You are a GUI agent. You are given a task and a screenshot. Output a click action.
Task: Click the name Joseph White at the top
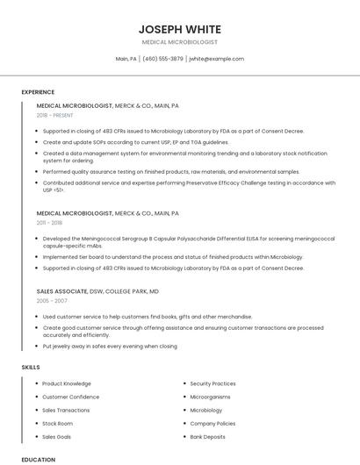(x=180, y=29)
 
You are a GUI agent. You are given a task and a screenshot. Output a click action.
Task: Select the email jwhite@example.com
(x=217, y=59)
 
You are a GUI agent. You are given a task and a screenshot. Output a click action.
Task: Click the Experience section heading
(x=38, y=92)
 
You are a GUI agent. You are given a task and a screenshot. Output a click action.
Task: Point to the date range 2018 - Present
(x=55, y=115)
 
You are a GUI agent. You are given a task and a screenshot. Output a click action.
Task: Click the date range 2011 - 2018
(x=50, y=223)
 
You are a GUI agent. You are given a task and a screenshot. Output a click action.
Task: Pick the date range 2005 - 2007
(x=52, y=300)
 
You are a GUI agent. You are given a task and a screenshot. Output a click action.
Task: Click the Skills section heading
(x=31, y=366)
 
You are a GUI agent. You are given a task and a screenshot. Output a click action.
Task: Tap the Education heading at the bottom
(x=38, y=459)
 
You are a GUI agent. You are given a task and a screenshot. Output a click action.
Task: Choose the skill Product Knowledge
(x=67, y=383)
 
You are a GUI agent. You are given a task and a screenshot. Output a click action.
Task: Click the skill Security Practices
(x=212, y=383)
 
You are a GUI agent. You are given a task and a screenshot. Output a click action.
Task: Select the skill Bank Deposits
(x=208, y=436)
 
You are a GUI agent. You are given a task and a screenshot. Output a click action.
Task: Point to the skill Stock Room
(x=57, y=423)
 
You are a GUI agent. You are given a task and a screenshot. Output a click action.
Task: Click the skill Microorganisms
(x=212, y=397)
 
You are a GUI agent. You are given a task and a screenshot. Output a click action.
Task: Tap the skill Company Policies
(x=212, y=423)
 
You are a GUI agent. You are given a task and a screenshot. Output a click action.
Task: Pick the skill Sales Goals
(x=57, y=436)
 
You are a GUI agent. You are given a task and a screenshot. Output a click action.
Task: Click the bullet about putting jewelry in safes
(x=110, y=346)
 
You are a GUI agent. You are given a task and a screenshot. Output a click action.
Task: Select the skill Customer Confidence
(x=71, y=397)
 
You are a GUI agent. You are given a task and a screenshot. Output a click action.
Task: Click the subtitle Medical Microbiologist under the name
(x=180, y=42)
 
